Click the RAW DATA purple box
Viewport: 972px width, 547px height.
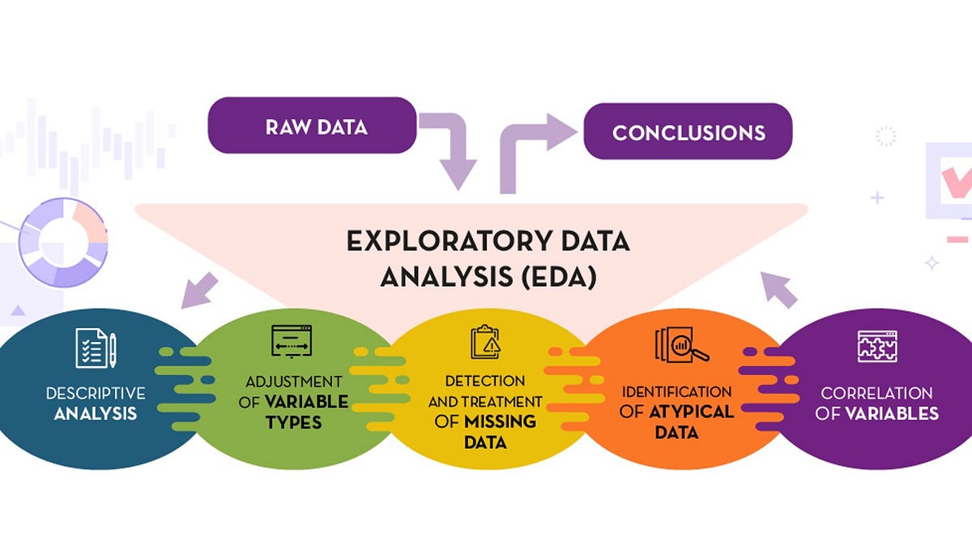[x=312, y=126]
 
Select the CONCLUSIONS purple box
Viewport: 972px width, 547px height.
[x=688, y=131]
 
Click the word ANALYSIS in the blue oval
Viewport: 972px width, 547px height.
[x=96, y=414]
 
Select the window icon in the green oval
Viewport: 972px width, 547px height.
[x=292, y=341]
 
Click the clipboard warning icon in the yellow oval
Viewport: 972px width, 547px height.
[x=486, y=341]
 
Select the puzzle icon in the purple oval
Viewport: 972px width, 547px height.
[x=878, y=346]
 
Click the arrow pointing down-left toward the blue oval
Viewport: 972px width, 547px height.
[x=198, y=290]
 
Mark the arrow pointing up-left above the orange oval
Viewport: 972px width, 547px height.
[x=778, y=288]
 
